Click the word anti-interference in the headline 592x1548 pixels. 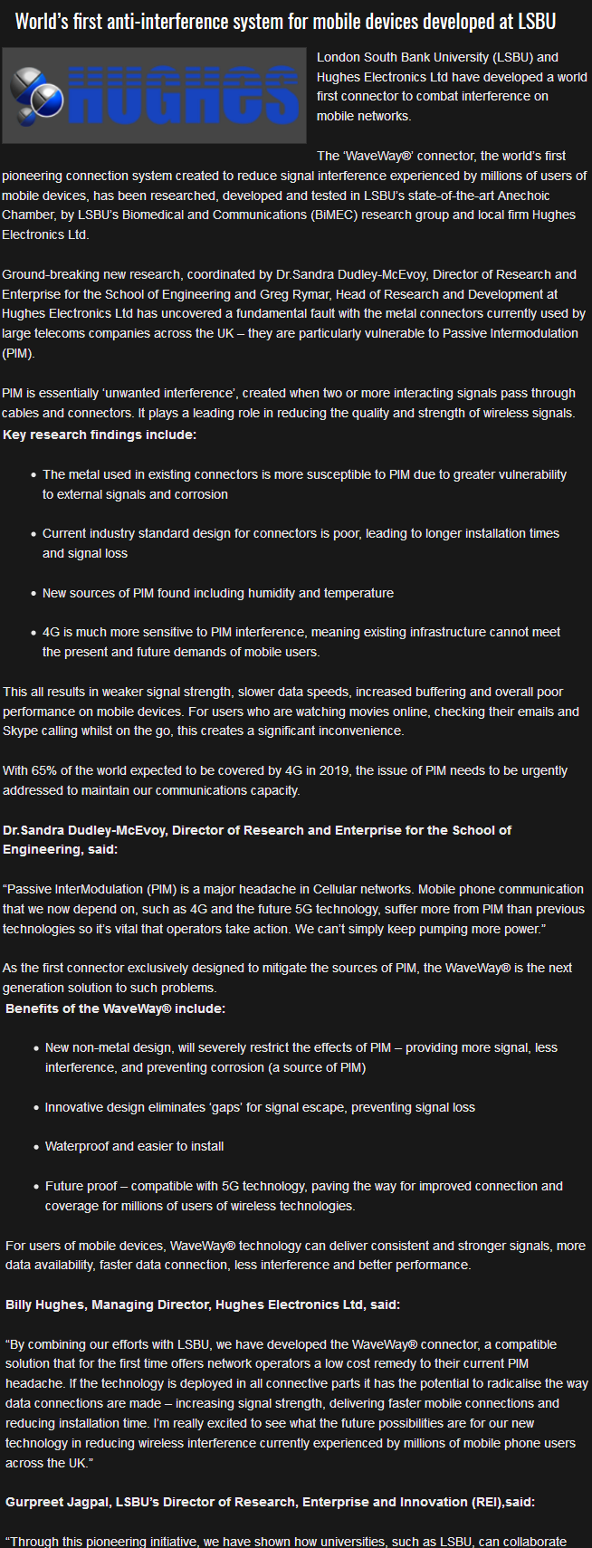[158, 21]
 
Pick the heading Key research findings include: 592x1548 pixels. [100, 435]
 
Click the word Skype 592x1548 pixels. [20, 731]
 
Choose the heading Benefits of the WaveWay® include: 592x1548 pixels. [116, 1008]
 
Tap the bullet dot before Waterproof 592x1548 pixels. [33, 1147]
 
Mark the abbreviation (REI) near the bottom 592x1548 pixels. [484, 1502]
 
